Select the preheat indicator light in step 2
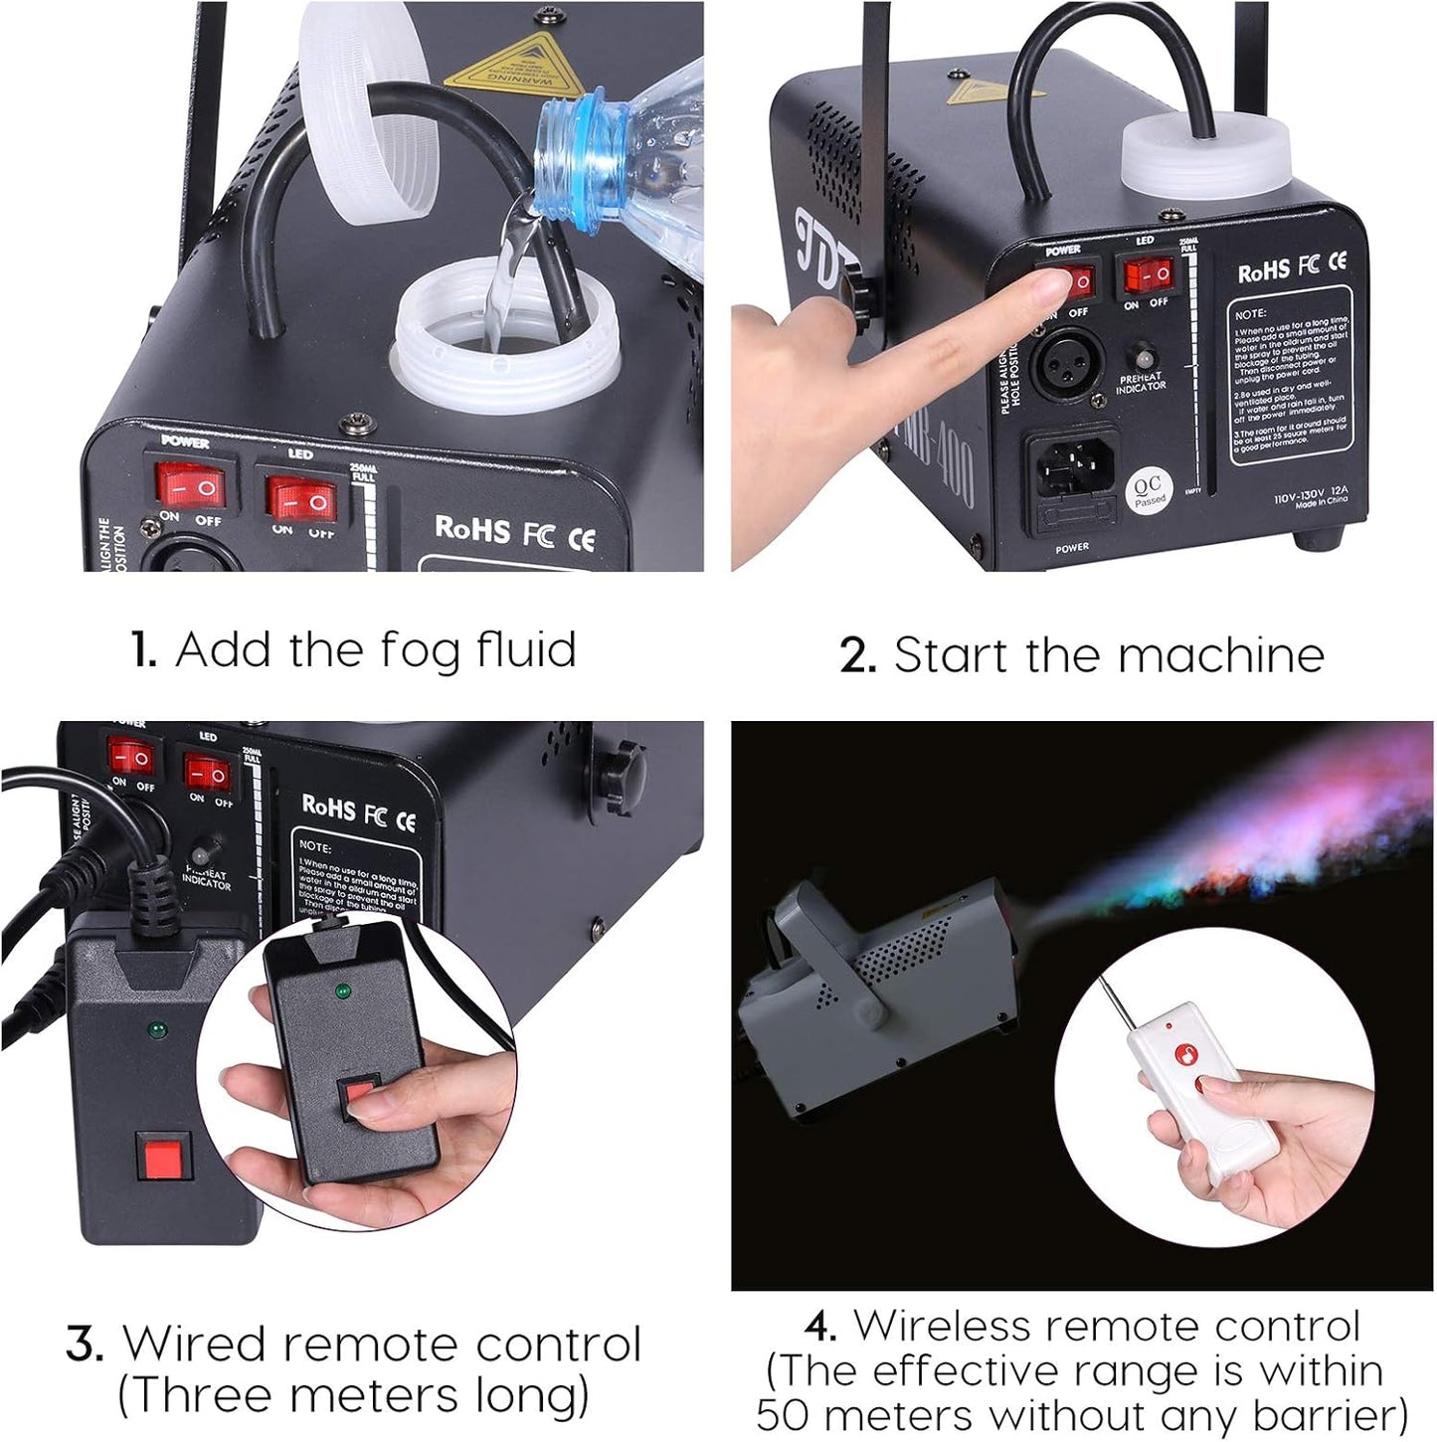pos(1145,358)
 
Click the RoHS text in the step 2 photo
pos(1263,270)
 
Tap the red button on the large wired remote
pos(162,1158)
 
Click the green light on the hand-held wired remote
pos(341,991)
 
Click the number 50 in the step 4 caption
pos(785,1416)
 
